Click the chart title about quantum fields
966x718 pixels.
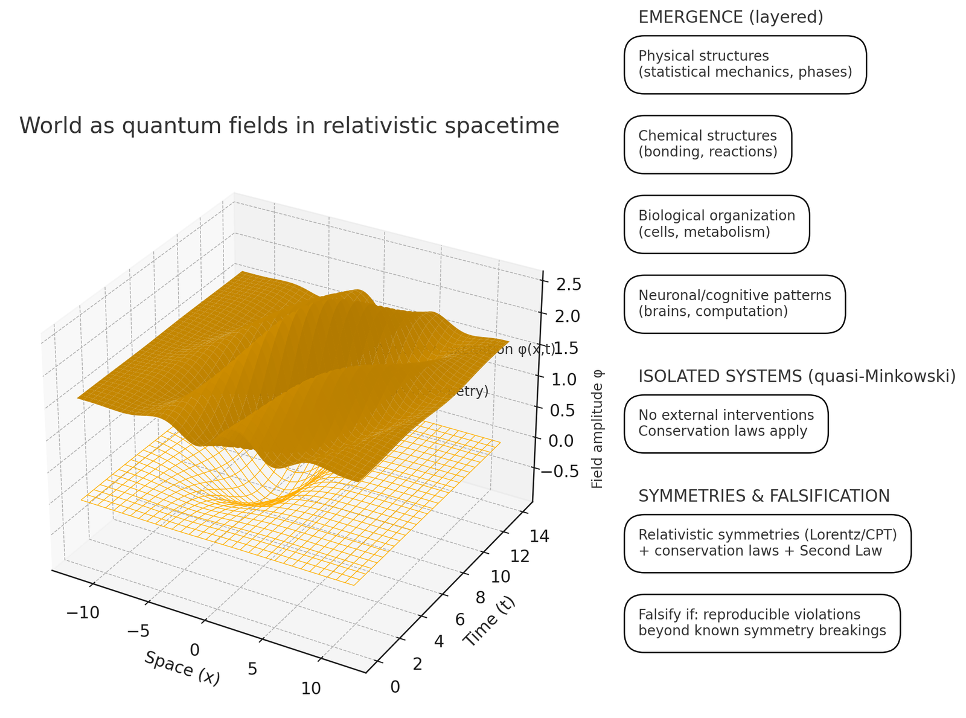tap(289, 126)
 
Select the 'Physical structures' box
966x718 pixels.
tap(745, 65)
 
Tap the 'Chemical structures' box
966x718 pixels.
tap(708, 144)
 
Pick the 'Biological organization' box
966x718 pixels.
tap(717, 224)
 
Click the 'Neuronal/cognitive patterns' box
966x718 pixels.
tap(734, 304)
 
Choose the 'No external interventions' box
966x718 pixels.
tap(726, 423)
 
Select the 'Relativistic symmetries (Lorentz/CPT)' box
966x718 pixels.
tap(767, 543)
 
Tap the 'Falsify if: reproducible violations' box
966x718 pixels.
tap(762, 623)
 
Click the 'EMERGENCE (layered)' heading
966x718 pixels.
tap(731, 18)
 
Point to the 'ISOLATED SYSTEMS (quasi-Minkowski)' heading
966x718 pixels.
tap(797, 376)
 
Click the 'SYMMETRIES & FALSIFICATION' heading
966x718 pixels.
tap(764, 496)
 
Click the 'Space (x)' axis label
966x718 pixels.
tap(182, 667)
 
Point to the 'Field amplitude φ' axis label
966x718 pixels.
tap(598, 429)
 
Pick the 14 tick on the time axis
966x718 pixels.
tap(539, 535)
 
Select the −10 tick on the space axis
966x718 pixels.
tap(83, 612)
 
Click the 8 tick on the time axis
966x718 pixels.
tap(481, 598)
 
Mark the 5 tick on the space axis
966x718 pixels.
tap(252, 668)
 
